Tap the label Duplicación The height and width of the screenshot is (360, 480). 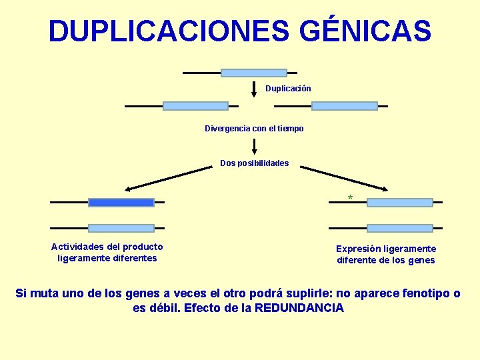pos(288,89)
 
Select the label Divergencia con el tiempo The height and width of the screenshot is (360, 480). pos(254,129)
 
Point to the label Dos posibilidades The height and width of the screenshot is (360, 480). pos(255,163)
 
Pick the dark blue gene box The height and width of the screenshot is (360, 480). pos(121,203)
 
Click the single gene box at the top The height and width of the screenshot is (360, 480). pos(253,73)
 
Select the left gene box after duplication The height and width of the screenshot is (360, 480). pos(195,106)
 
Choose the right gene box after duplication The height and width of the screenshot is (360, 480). pos(344,106)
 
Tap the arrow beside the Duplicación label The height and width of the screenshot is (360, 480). pos(254,89)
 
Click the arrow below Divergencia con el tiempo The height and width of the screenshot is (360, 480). pos(254,147)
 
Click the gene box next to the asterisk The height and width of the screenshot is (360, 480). pos(399,203)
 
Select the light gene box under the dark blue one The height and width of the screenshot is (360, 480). pos(121,228)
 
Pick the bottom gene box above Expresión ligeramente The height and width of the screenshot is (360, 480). pos(399,228)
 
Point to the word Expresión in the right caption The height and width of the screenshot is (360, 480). pos(359,249)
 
